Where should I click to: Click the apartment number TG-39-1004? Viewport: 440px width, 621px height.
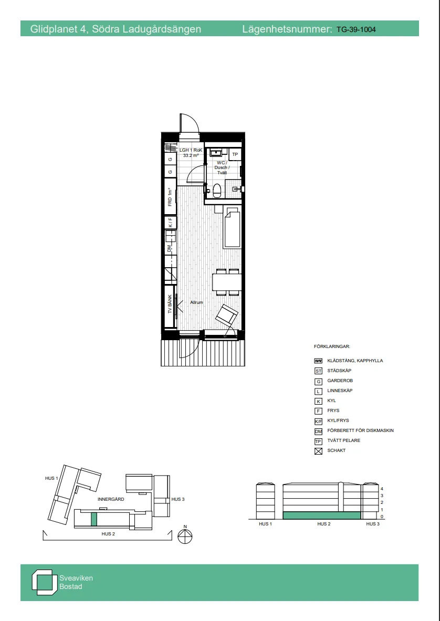pos(355,29)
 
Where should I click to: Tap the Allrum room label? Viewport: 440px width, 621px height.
pos(196,303)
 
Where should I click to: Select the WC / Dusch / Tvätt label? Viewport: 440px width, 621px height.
pos(222,167)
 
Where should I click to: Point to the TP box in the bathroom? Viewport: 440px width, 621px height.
pos(235,154)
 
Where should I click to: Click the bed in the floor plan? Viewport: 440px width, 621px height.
pos(232,228)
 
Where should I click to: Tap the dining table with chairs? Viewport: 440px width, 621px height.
pos(227,282)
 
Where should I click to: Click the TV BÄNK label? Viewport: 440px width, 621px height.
pos(170,304)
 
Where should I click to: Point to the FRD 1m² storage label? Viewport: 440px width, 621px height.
pos(170,197)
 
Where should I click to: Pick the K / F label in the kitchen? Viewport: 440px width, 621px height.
pos(170,223)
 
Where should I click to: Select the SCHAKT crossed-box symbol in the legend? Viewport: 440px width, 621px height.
pos(318,451)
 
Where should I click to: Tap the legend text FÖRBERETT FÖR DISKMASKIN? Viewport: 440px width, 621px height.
pos(360,431)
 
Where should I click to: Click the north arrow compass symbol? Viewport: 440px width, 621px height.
pos(185,536)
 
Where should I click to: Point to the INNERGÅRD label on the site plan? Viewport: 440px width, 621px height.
pos(111,499)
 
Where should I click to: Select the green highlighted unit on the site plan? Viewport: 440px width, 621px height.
pos(94,519)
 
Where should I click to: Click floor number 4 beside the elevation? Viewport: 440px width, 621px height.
pos(382,488)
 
